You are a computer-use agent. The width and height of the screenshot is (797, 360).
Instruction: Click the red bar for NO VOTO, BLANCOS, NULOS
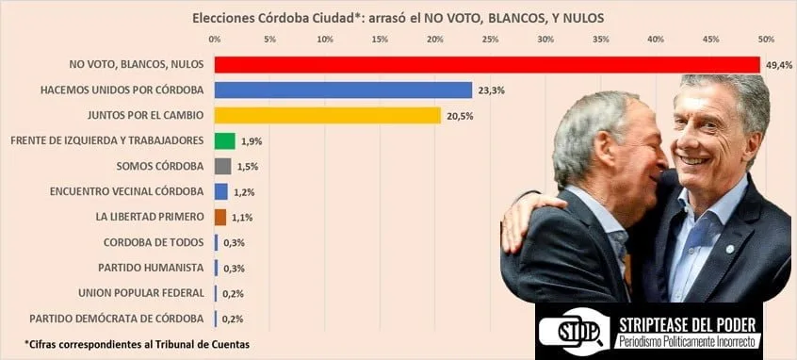[x=486, y=64]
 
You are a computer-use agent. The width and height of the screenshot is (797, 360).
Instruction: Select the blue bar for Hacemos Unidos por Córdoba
[x=343, y=90]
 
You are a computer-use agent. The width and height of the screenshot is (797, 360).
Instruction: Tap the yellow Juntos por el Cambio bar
[x=327, y=115]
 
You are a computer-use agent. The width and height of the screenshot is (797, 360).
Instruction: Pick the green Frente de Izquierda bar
[x=224, y=140]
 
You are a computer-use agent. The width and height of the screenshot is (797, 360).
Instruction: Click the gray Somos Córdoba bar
[x=222, y=166]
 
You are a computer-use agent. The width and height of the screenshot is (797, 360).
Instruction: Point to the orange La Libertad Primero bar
[x=220, y=217]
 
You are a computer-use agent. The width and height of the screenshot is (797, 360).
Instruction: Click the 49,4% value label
[x=777, y=64]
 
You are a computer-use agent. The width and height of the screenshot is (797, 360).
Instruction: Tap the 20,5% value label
[x=459, y=115]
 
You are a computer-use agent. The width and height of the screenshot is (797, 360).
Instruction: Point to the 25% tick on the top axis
[x=490, y=40]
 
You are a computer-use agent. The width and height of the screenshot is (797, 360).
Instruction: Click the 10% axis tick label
[x=325, y=40]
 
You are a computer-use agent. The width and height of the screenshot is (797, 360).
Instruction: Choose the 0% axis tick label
[x=215, y=40]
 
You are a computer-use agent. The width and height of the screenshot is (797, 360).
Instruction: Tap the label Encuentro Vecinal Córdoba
[x=126, y=191]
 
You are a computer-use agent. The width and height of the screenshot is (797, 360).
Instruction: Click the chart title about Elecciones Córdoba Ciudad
[x=398, y=17]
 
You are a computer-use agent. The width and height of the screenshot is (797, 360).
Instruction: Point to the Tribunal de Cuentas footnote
[x=137, y=344]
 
